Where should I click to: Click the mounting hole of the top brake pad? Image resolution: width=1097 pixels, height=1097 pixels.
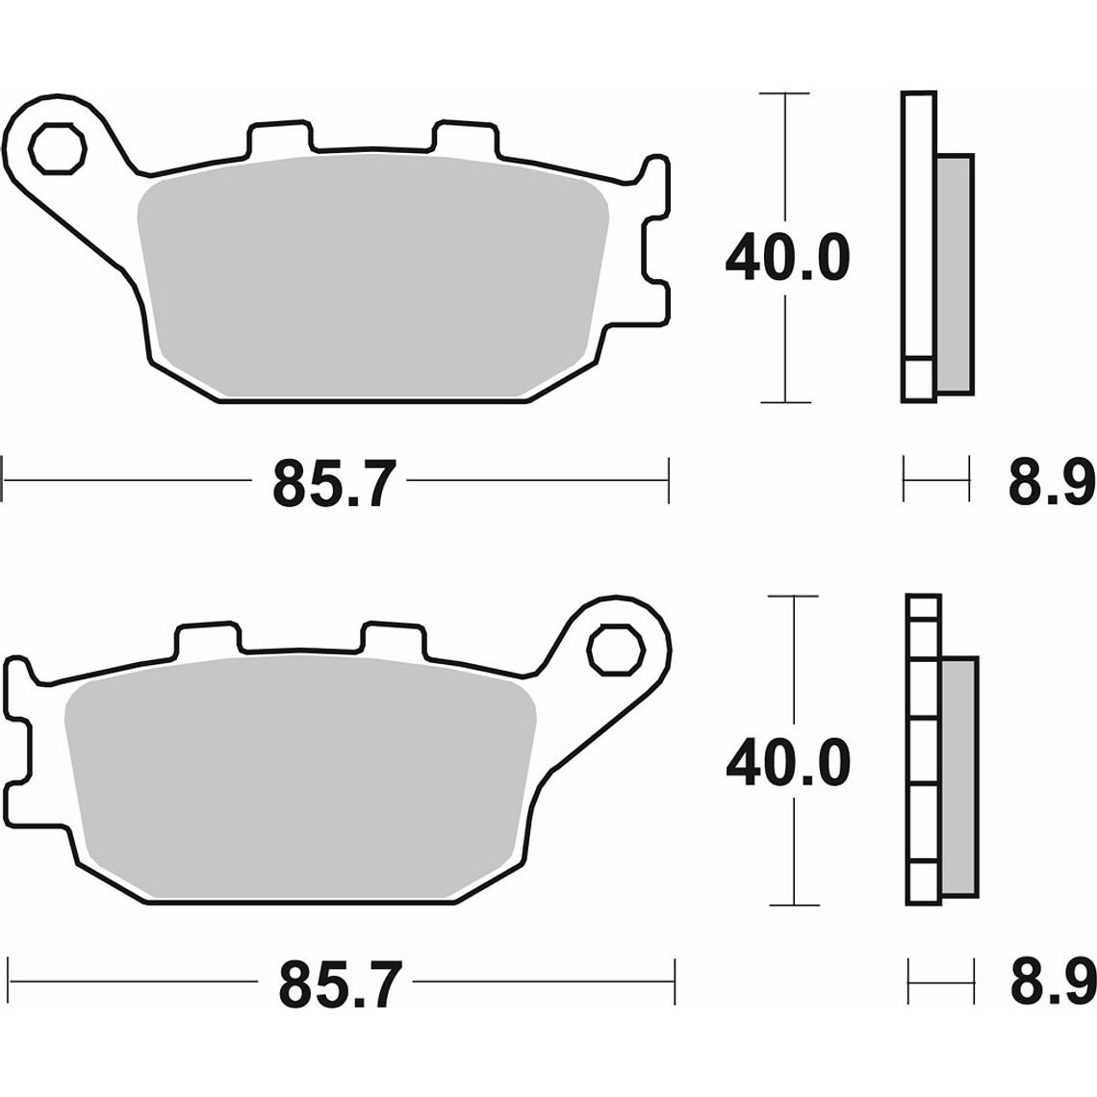pos(57,149)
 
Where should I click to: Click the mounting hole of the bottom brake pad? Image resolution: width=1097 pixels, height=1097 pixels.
pos(616,651)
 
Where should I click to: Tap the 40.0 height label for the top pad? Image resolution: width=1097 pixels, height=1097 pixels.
pos(787,258)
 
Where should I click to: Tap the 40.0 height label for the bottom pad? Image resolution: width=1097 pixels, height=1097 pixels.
pos(787,762)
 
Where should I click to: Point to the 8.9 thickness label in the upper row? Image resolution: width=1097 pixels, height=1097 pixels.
pos(1051,481)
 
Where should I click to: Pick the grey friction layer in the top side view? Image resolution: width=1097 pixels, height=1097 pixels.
pos(955,273)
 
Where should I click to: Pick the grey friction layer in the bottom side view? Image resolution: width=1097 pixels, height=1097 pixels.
pos(960,778)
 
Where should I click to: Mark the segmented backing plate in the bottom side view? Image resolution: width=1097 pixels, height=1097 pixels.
pos(923,751)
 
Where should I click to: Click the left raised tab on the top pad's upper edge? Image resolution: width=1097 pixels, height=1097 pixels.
pos(281,138)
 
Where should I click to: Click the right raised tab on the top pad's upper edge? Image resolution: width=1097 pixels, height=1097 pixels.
pos(467,138)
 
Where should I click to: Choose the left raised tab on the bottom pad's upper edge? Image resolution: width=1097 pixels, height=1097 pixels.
pos(206,637)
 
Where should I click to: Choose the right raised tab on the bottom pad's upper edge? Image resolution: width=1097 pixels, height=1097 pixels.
pos(392,637)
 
